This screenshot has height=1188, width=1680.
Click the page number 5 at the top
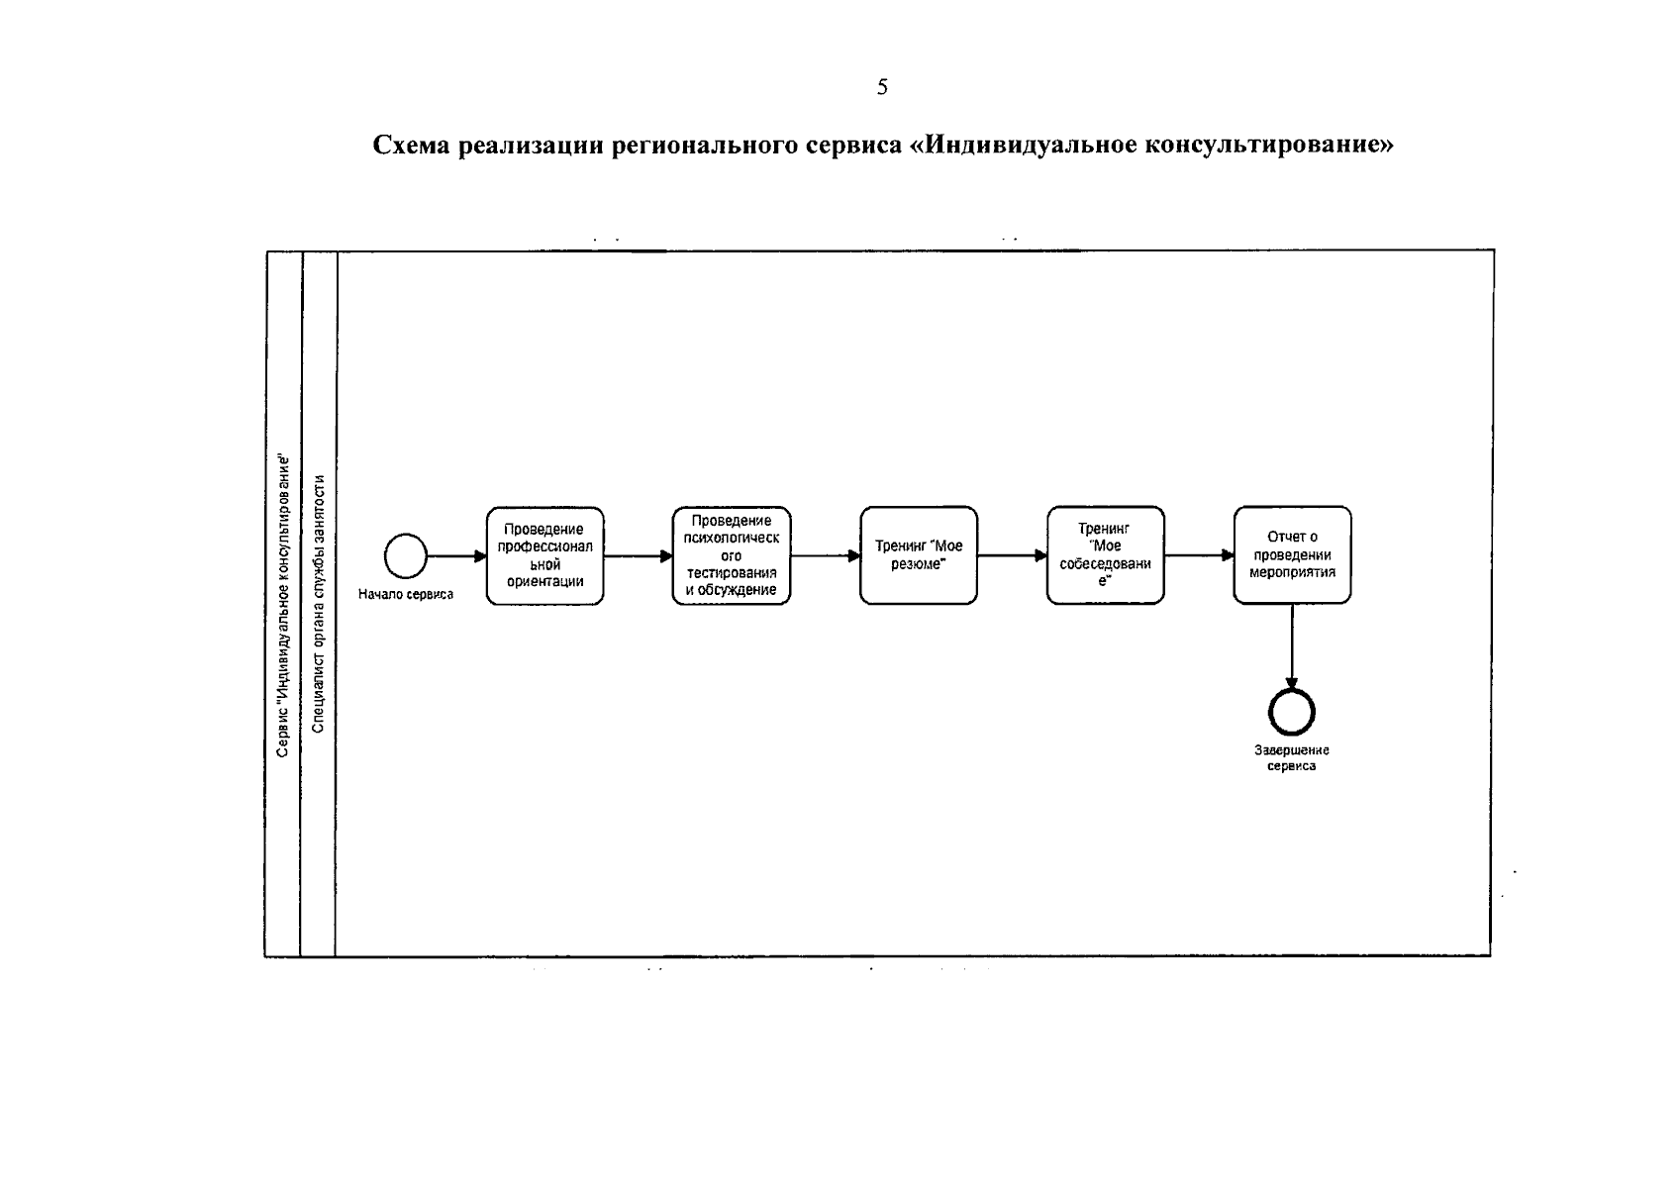(x=882, y=87)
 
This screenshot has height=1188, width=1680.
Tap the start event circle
(x=405, y=555)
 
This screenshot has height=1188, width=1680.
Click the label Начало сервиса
(x=406, y=594)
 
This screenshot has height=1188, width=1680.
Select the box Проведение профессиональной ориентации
(x=544, y=555)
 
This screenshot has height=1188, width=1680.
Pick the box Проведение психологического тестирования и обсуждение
(x=731, y=555)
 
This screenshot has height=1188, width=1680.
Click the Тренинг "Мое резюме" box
(x=918, y=555)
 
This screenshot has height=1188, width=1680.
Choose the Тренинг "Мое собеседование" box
(x=1105, y=555)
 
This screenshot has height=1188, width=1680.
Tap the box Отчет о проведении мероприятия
(x=1292, y=555)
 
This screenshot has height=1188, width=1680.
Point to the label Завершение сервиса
(x=1291, y=758)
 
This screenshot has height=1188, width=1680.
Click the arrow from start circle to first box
(x=455, y=555)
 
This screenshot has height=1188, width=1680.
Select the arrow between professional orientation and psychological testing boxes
(x=638, y=555)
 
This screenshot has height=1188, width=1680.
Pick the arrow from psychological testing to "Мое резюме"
(x=825, y=555)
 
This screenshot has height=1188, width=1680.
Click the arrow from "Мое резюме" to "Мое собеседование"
(x=1012, y=555)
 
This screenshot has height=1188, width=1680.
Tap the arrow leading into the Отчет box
(x=1199, y=555)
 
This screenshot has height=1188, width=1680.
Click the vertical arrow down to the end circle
(x=1291, y=643)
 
